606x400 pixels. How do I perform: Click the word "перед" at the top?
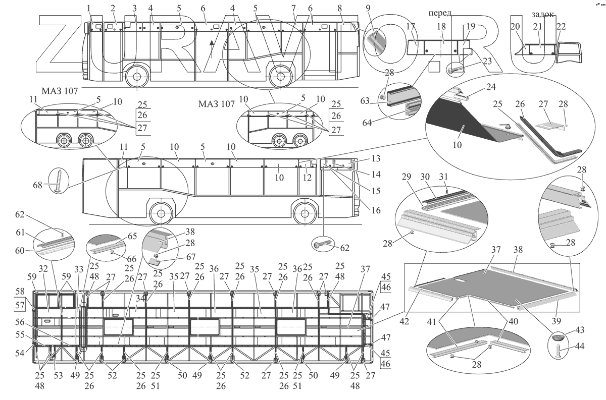tap(439, 13)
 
